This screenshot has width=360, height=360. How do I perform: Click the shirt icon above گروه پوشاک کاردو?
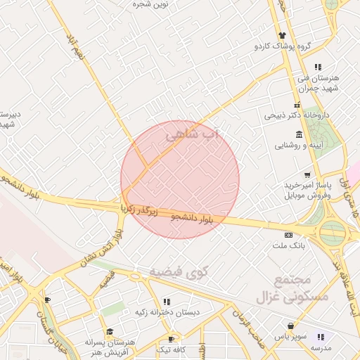click(x=282, y=36)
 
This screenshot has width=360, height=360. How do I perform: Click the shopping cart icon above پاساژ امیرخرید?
click(x=307, y=175)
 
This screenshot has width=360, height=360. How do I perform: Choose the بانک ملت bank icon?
click(x=288, y=235)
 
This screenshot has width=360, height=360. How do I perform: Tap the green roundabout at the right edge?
click(x=333, y=233)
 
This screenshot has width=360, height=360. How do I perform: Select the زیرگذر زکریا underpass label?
click(x=143, y=208)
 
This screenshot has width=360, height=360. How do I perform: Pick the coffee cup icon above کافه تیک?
click(x=171, y=339)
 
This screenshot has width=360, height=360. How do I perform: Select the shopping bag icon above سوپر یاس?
click(x=290, y=326)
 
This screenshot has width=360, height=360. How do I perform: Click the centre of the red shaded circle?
click(x=180, y=179)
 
